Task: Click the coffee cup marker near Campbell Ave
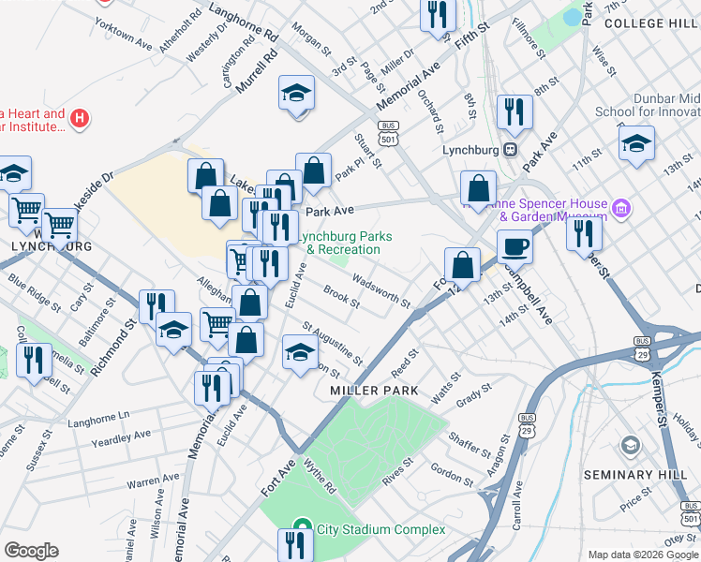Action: point(515,247)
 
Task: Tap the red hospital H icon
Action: point(81,119)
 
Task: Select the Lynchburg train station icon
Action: point(511,149)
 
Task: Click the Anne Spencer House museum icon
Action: point(619,208)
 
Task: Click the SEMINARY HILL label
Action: point(629,475)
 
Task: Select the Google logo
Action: point(31,551)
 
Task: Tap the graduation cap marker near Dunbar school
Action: point(636,143)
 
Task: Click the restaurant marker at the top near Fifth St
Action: point(438,15)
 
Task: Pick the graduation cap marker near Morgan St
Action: point(297,94)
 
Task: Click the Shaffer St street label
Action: point(470,441)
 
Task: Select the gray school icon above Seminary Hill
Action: point(629,445)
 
